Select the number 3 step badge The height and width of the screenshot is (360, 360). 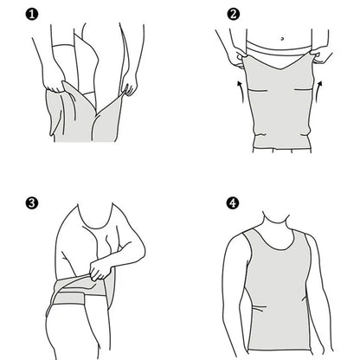point(32,204)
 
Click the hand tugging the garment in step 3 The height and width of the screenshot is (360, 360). point(98,274)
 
